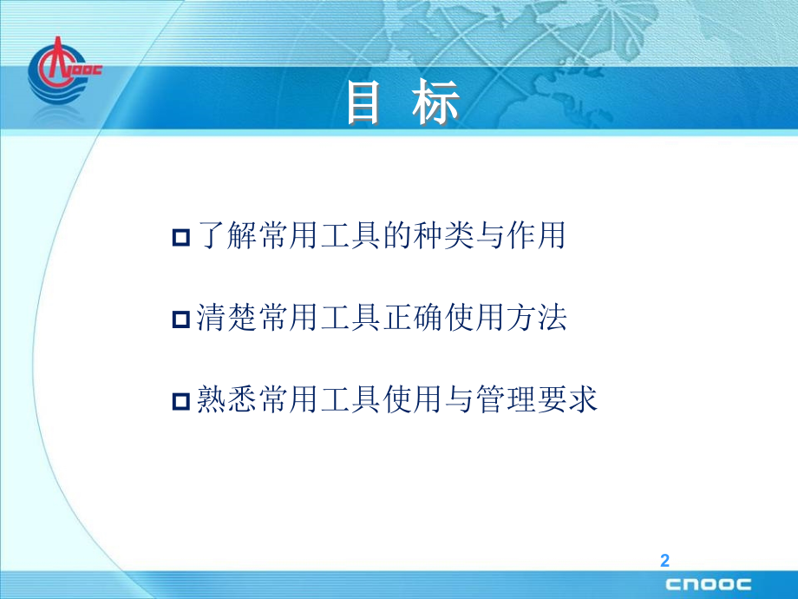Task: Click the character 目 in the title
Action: (x=364, y=103)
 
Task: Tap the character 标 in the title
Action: (x=435, y=103)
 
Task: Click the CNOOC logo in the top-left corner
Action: (x=63, y=72)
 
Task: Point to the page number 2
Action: (x=664, y=560)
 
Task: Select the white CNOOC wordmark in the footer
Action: (x=709, y=584)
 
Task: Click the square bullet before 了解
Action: (x=181, y=237)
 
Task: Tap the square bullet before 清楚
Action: (x=181, y=319)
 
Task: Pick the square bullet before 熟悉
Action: (x=181, y=401)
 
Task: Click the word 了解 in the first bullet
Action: (x=227, y=235)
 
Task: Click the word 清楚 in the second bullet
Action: (x=227, y=318)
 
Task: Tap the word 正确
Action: (x=413, y=318)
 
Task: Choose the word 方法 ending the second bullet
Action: (x=536, y=318)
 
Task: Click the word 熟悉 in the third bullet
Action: (x=227, y=398)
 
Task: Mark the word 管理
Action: (x=506, y=398)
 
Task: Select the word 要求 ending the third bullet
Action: (x=567, y=398)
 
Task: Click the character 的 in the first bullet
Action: (x=397, y=235)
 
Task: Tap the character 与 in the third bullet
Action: (x=459, y=398)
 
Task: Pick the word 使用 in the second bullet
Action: (x=474, y=318)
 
